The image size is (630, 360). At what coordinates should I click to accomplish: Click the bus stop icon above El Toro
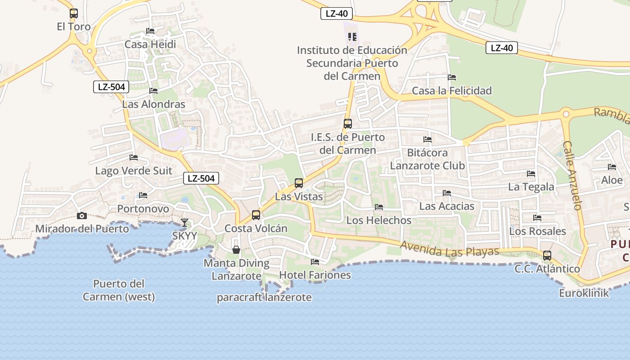tap(74, 13)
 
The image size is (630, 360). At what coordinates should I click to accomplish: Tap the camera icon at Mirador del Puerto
tap(81, 216)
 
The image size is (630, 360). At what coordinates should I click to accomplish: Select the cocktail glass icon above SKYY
tap(184, 222)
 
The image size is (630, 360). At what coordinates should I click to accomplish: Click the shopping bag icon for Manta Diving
tap(236, 250)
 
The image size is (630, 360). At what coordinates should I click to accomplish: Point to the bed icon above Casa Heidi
tap(150, 31)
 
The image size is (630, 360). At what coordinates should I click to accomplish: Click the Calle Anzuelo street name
tap(572, 175)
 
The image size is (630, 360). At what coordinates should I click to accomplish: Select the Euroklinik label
tap(584, 293)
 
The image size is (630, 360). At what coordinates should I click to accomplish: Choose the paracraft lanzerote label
tap(264, 297)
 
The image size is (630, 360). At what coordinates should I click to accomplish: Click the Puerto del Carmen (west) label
tap(119, 290)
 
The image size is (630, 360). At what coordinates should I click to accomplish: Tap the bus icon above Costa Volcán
tap(256, 215)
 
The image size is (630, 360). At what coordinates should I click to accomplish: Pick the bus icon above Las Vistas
tap(299, 183)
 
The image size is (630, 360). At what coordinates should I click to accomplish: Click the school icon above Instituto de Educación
tap(352, 37)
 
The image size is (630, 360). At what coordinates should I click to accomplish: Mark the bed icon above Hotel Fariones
tap(315, 261)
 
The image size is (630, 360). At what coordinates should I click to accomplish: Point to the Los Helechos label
tap(379, 220)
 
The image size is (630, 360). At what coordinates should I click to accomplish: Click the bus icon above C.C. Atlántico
tap(547, 256)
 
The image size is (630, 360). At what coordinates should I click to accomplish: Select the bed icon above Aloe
tap(612, 167)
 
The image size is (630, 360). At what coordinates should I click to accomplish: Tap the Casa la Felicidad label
tap(452, 91)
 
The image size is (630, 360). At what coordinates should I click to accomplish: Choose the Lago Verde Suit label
tap(134, 171)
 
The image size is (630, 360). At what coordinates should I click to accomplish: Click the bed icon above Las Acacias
tap(447, 193)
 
